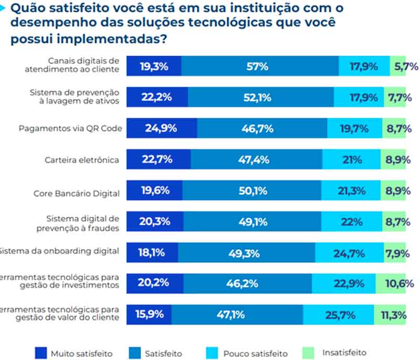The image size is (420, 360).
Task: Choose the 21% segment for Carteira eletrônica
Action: pyautogui.click(x=352, y=160)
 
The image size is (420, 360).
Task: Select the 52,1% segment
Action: pyautogui.click(x=261, y=98)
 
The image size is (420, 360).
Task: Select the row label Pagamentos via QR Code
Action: pyautogui.click(x=70, y=129)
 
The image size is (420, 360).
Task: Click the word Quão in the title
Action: pyautogui.click(x=27, y=8)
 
